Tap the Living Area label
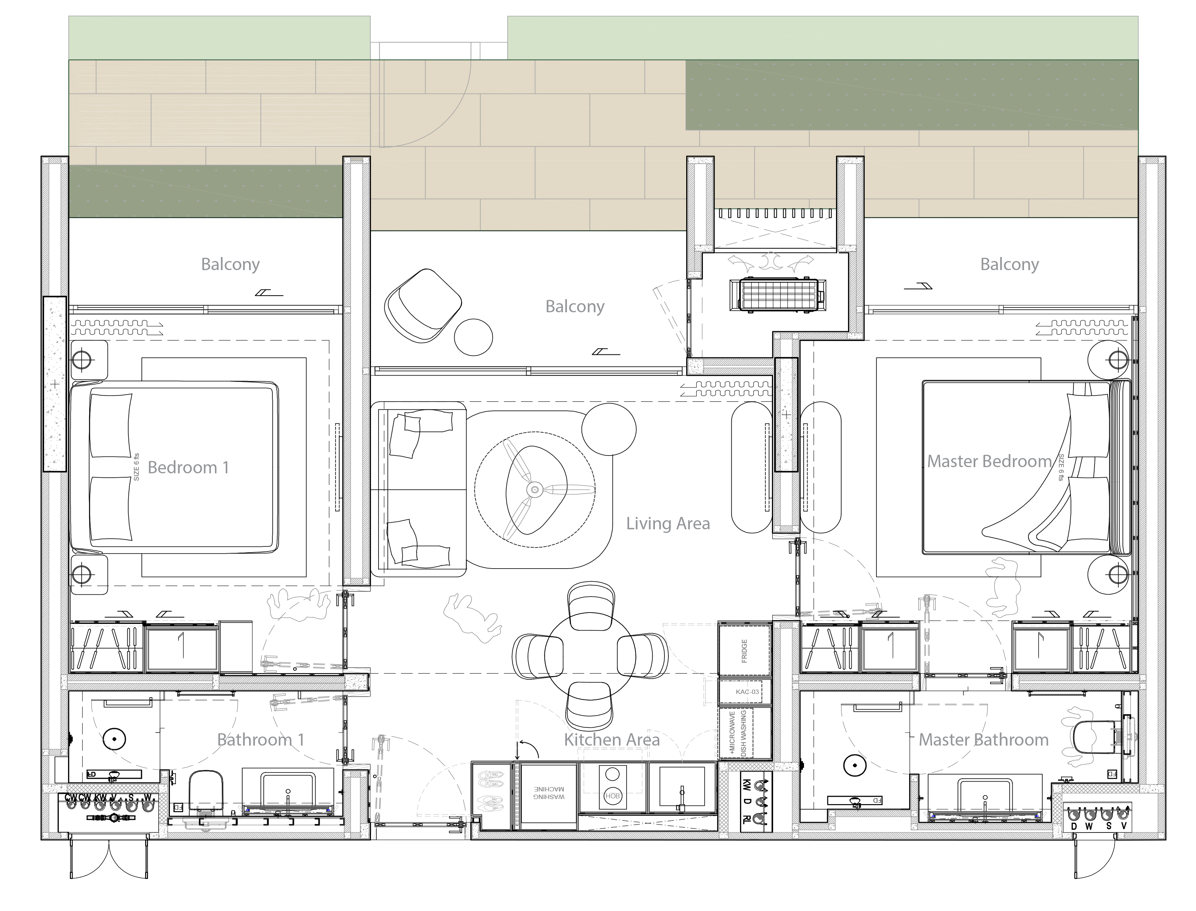pyautogui.click(x=668, y=524)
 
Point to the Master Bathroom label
pyautogui.click(x=983, y=740)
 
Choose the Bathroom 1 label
pyautogui.click(x=260, y=740)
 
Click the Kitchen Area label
pyautogui.click(x=611, y=740)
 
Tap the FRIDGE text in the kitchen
pyautogui.click(x=744, y=651)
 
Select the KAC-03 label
pyautogui.click(x=747, y=692)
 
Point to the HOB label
pyautogui.click(x=612, y=796)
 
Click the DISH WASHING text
pyautogui.click(x=744, y=733)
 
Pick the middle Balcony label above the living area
pyautogui.click(x=575, y=306)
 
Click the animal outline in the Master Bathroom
pyautogui.click(x=1078, y=737)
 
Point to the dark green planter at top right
pyautogui.click(x=911, y=95)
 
